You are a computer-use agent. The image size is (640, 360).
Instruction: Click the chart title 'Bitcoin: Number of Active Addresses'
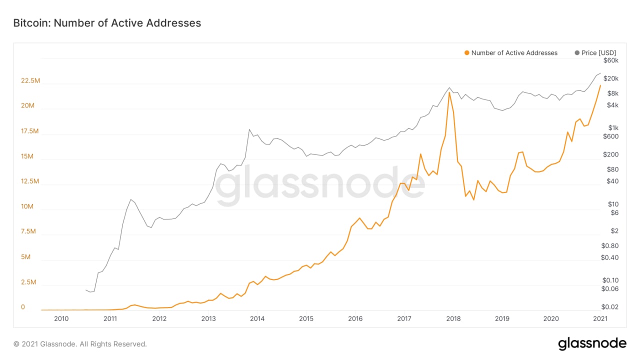coord(106,23)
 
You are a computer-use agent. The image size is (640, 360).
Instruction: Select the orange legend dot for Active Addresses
coord(466,53)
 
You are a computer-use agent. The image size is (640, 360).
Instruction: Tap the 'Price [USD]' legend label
coord(598,53)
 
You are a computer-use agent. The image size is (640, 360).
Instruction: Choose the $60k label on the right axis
coord(610,60)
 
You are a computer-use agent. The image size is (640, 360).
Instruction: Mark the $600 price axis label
coord(610,136)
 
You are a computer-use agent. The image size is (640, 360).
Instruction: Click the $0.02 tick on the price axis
coord(610,307)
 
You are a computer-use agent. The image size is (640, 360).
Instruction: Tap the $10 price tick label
coord(613,204)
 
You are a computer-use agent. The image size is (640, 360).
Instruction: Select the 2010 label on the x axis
coord(61,318)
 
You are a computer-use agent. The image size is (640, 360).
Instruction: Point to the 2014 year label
coord(257,318)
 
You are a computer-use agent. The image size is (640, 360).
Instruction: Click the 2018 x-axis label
coord(453,318)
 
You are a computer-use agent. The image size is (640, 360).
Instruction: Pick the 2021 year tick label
coord(600,318)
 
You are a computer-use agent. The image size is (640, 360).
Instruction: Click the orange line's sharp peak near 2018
coord(449,92)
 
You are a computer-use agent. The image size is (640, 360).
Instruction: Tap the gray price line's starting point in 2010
coord(86,290)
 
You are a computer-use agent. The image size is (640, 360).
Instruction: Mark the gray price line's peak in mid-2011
coord(131,199)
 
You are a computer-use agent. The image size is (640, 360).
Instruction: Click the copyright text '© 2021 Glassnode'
coord(80,344)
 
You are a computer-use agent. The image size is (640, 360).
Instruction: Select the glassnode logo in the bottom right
coord(592,343)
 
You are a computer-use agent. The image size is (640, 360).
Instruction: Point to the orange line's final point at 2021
coord(600,85)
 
